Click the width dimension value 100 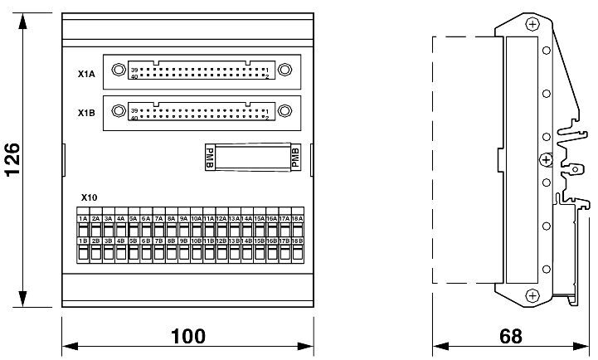pyautogui.click(x=188, y=337)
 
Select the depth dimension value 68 pyautogui.click(x=512, y=337)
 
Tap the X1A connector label pyautogui.click(x=85, y=74)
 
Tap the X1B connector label pyautogui.click(x=85, y=113)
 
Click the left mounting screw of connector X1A pyautogui.click(x=119, y=70)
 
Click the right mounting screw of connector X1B pyautogui.click(x=284, y=109)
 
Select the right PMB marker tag pyautogui.click(x=297, y=158)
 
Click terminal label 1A pyautogui.click(x=83, y=218)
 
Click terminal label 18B pyautogui.click(x=297, y=241)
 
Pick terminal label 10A pyautogui.click(x=197, y=218)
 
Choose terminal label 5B pyautogui.click(x=134, y=241)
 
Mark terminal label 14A pyautogui.click(x=247, y=218)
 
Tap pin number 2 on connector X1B pyautogui.click(x=266, y=117)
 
